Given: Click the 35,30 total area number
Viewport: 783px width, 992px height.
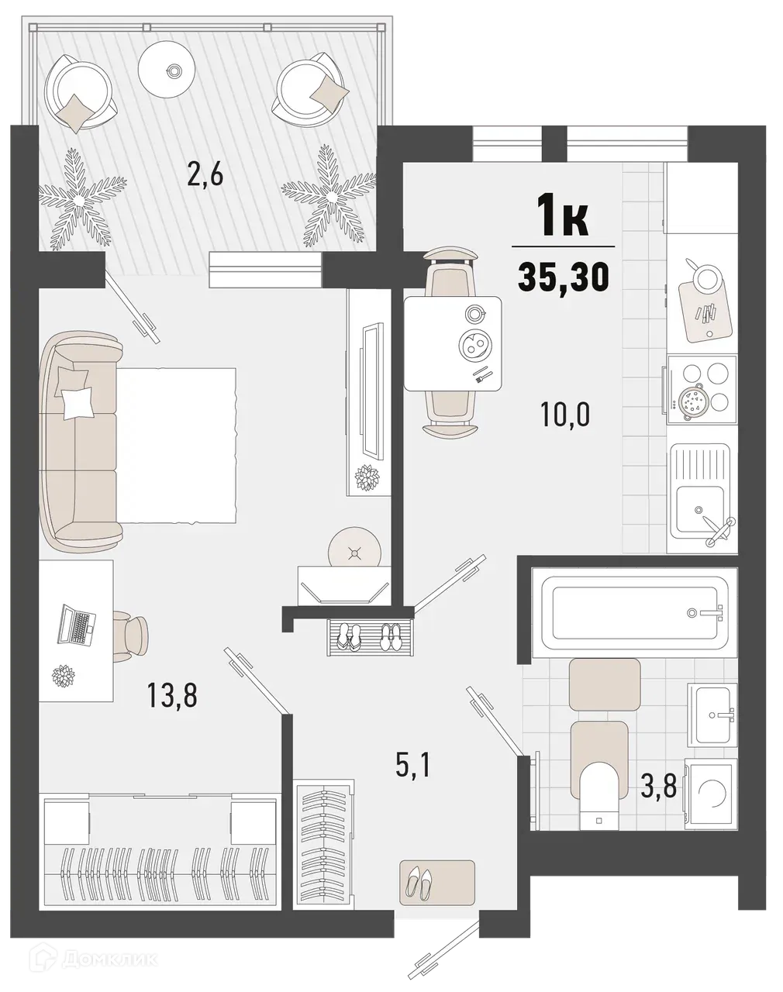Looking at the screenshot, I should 563,277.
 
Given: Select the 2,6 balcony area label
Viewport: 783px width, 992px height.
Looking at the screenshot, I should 205,175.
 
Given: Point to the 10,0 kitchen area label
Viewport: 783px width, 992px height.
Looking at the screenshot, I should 565,415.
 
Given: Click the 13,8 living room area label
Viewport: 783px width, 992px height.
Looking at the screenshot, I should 172,695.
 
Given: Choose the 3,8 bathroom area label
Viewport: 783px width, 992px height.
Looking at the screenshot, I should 658,787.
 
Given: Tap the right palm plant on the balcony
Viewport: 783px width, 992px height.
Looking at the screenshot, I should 329,194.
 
